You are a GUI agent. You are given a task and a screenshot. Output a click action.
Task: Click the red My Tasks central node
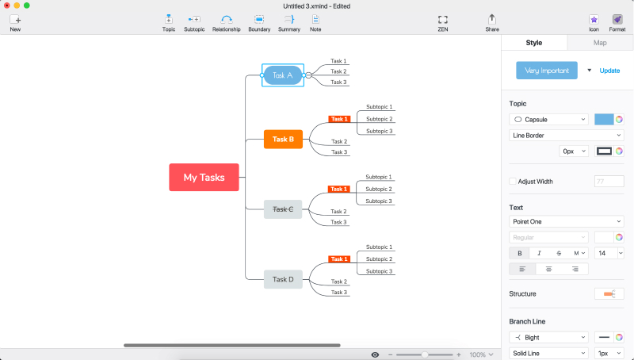click(x=204, y=178)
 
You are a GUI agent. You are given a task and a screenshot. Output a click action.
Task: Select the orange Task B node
click(x=283, y=140)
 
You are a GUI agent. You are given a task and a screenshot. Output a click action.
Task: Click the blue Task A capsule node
click(x=283, y=75)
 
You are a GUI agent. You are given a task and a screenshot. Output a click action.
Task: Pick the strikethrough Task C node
click(x=283, y=209)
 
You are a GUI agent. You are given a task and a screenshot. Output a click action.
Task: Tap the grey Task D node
click(x=283, y=279)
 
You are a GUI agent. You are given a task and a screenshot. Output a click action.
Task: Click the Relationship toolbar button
click(x=226, y=22)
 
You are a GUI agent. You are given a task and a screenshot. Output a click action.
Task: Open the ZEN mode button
click(x=442, y=22)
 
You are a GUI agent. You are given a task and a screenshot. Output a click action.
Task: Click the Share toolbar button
click(x=492, y=22)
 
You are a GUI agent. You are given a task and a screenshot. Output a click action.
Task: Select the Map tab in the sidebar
click(x=600, y=43)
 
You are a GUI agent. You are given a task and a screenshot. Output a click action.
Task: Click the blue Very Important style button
click(x=546, y=71)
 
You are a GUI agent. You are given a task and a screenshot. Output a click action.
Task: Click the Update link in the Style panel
click(x=609, y=71)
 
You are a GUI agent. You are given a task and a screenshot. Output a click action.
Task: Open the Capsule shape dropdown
click(x=548, y=120)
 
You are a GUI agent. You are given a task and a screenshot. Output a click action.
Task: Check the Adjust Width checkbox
click(x=513, y=182)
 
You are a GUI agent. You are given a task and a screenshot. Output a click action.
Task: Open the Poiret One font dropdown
click(x=566, y=222)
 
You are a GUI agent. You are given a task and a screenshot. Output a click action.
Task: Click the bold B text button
click(x=519, y=253)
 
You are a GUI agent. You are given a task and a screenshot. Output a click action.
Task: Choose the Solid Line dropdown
click(x=548, y=352)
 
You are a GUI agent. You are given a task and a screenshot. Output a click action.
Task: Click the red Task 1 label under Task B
click(x=339, y=119)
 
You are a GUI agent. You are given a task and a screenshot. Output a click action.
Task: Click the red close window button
click(x=7, y=6)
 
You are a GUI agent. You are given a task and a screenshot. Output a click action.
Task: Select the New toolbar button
click(x=15, y=22)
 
